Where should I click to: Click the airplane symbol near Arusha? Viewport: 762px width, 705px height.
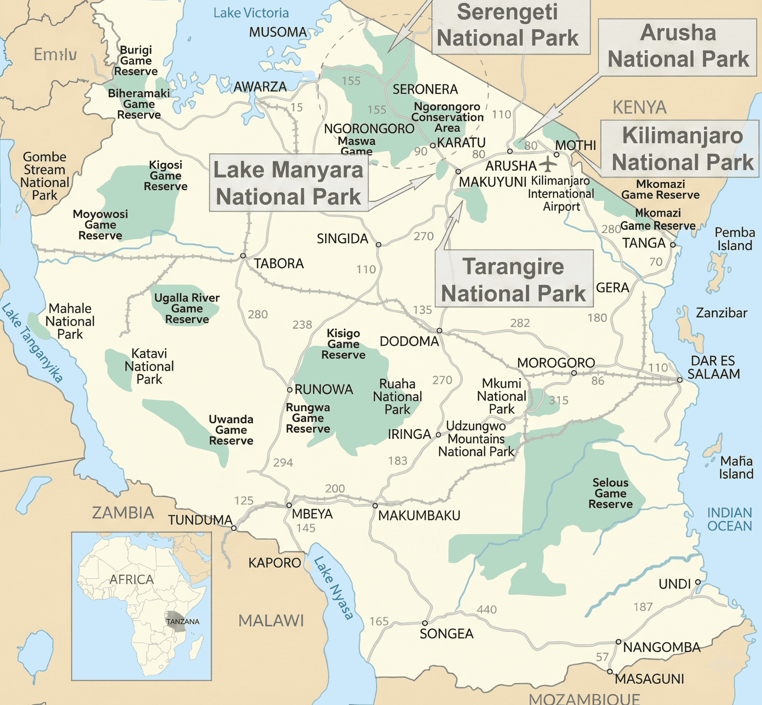tap(548, 164)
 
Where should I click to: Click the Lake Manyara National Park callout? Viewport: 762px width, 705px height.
tap(289, 183)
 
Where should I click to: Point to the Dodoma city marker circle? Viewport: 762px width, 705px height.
tap(439, 330)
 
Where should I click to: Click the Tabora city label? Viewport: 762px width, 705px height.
tap(279, 264)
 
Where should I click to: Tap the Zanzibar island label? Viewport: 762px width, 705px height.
tap(721, 313)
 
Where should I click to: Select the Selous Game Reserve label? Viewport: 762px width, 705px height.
tap(610, 493)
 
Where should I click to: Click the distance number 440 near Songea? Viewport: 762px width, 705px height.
tap(487, 609)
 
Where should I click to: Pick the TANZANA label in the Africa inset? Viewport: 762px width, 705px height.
tap(183, 621)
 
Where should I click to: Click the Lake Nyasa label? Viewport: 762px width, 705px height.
tap(333, 588)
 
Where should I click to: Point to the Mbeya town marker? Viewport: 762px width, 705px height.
tap(289, 506)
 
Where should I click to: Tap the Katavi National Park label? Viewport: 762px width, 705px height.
tap(149, 366)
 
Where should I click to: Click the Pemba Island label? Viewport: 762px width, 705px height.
tap(735, 239)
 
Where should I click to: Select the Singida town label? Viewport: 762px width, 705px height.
tap(342, 239)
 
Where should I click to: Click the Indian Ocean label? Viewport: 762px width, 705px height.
tap(729, 519)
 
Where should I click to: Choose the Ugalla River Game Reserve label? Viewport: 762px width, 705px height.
tap(187, 308)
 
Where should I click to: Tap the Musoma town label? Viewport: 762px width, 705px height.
tap(278, 32)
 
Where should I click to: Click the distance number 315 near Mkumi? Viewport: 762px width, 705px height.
tap(559, 400)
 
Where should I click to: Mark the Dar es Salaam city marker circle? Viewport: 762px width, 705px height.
tap(680, 380)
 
